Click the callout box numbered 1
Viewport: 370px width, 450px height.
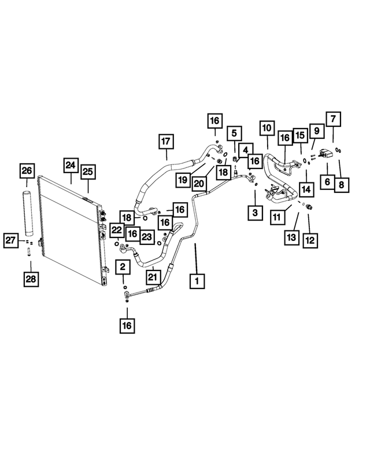(x=197, y=281)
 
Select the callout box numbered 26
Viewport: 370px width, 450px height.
(x=27, y=171)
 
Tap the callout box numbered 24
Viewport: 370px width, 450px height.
(x=71, y=165)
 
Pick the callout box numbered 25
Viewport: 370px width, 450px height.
(x=88, y=172)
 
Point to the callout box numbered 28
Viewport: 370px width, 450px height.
(x=31, y=279)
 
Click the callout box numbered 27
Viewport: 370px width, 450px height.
(x=11, y=240)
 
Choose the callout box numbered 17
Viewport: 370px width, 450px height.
(x=166, y=142)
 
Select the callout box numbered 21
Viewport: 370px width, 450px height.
(x=153, y=277)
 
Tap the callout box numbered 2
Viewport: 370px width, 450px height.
(x=123, y=267)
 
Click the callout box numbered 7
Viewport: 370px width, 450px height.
(x=334, y=119)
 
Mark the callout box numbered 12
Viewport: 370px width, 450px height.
(x=310, y=240)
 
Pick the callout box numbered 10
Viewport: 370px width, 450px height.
(x=267, y=128)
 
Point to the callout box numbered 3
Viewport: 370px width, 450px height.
(x=255, y=213)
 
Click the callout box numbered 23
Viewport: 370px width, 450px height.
(x=147, y=237)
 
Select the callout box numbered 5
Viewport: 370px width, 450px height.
(x=235, y=133)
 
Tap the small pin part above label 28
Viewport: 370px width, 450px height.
(x=29, y=252)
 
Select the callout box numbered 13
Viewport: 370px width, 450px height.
(x=292, y=237)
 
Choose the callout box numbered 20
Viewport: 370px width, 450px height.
(x=199, y=184)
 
